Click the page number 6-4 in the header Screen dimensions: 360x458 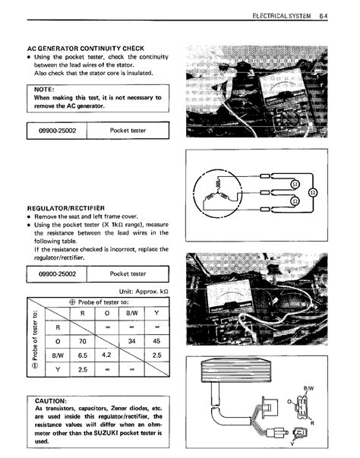tap(324, 16)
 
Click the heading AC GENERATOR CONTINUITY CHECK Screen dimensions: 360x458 tap(86, 49)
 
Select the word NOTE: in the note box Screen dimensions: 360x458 tap(44, 90)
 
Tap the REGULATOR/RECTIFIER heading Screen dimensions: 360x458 tap(65, 208)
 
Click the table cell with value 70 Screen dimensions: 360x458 tap(83, 341)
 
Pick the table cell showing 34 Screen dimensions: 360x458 tap(131, 341)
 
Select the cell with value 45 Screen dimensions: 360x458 tap(156, 341)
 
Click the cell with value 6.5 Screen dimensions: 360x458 tap(83, 355)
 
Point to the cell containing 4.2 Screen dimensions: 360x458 tap(106, 355)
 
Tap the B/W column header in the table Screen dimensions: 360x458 tap(131, 314)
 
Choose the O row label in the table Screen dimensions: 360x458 tap(58, 341)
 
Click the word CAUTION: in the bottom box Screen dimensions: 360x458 tap(51, 401)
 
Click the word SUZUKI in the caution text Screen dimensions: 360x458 tap(106, 433)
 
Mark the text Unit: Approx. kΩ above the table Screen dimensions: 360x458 tap(144, 292)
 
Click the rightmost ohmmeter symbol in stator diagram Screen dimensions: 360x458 tap(313, 193)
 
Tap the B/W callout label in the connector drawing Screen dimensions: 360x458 tap(308, 388)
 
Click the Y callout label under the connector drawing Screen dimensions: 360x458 tap(292, 444)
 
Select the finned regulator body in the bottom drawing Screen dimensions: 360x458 tap(235, 371)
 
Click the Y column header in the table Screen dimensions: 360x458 tap(156, 313)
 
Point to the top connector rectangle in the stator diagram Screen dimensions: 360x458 tap(265, 176)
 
